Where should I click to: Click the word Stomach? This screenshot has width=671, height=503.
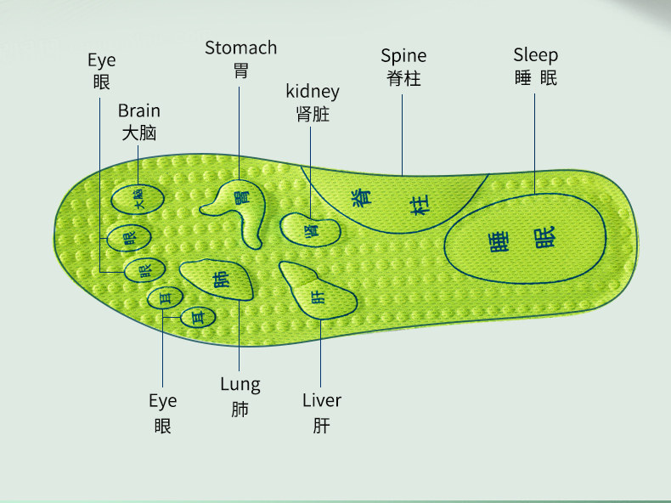240,48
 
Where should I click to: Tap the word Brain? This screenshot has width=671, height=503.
138,110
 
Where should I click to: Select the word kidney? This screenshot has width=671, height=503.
313,92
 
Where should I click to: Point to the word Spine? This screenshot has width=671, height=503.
403,56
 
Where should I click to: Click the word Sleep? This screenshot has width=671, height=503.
535,55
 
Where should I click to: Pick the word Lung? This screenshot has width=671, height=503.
240,384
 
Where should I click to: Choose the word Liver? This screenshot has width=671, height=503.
322,400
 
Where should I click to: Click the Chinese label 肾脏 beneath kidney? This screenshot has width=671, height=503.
313,115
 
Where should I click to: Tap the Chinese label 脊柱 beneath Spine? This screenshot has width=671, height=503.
403,79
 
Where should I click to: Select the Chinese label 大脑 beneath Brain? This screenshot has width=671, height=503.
138,133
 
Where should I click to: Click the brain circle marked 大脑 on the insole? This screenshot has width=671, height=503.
138,201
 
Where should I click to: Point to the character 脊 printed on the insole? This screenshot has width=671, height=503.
362,195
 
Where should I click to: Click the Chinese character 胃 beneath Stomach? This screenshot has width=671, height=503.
240,71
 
